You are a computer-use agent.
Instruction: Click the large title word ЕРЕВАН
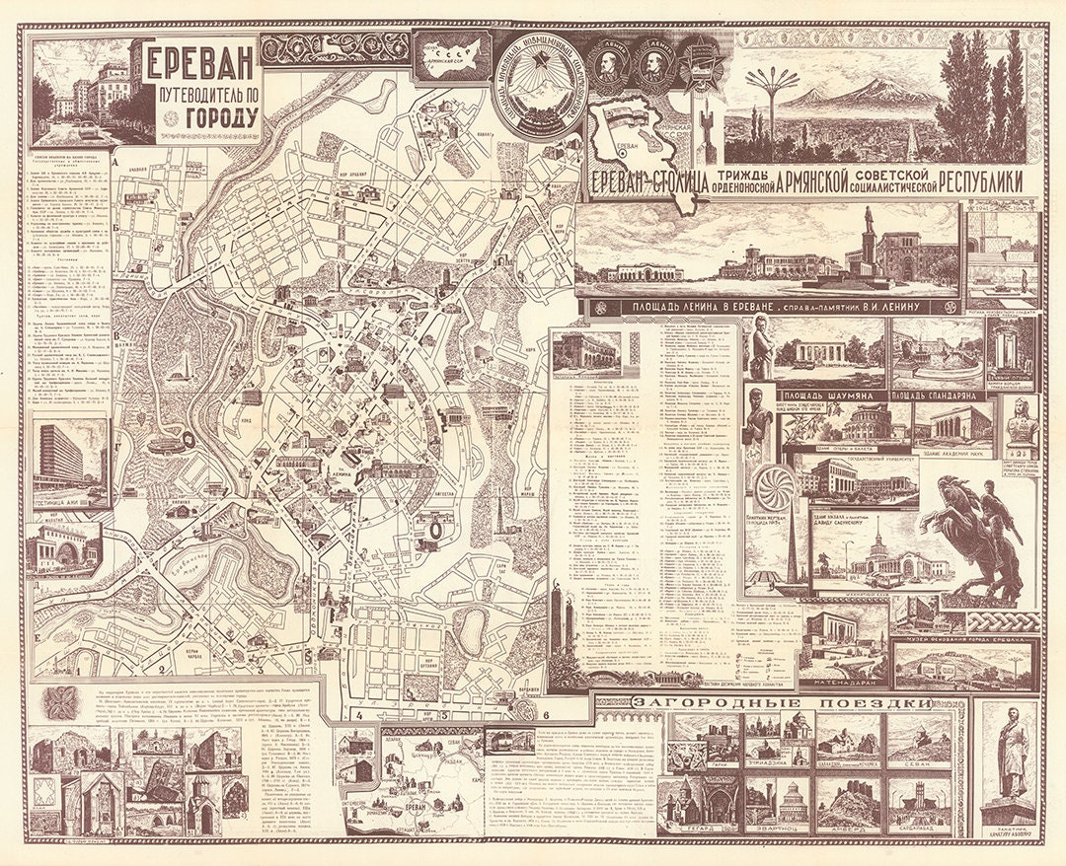[x=200, y=65]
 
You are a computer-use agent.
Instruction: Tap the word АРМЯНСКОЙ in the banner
[x=784, y=181]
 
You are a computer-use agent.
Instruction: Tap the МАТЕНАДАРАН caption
[x=844, y=682]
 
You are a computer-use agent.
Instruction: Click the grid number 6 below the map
[x=546, y=713]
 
